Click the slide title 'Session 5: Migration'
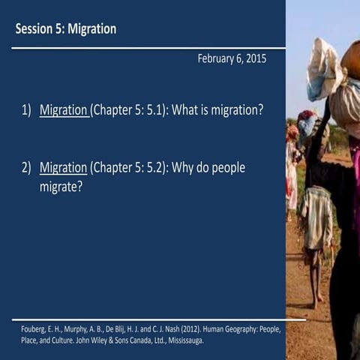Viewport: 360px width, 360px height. (x=66, y=29)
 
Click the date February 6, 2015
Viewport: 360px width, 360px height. (x=232, y=58)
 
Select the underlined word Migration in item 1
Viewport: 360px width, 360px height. (x=64, y=110)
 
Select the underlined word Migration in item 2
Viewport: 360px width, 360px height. (x=62, y=167)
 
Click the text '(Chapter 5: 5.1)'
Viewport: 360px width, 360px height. (x=129, y=110)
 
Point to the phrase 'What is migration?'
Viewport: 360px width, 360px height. (x=217, y=110)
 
